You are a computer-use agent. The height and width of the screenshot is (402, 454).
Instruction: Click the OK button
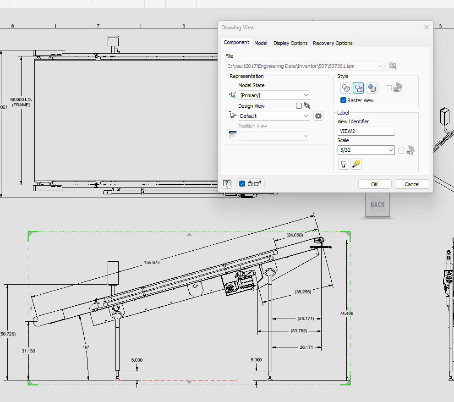(374, 184)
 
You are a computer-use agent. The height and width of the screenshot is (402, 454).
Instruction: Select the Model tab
(261, 43)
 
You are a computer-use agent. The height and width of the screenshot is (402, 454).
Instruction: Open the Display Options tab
(290, 43)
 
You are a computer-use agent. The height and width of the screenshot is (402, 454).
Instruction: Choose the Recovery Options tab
(333, 43)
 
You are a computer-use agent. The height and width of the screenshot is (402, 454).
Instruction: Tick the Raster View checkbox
(343, 100)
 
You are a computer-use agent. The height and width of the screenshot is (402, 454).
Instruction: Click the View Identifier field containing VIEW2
(366, 131)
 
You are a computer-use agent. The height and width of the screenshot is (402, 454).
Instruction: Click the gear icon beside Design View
(318, 116)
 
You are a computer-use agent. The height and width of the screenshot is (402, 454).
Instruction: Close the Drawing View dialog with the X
(427, 28)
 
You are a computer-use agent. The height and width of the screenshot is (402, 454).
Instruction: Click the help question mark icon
(227, 184)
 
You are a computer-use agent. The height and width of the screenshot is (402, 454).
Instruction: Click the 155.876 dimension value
(152, 263)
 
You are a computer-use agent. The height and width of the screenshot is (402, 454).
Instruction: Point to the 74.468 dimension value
(346, 314)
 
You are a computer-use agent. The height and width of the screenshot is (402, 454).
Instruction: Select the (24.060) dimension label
(295, 235)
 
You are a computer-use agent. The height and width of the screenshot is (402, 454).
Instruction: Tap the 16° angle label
(86, 347)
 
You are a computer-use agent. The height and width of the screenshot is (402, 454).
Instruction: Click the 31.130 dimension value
(28, 351)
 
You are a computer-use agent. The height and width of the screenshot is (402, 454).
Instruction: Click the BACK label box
(377, 205)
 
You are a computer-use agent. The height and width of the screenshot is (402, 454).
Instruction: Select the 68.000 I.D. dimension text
(21, 99)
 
